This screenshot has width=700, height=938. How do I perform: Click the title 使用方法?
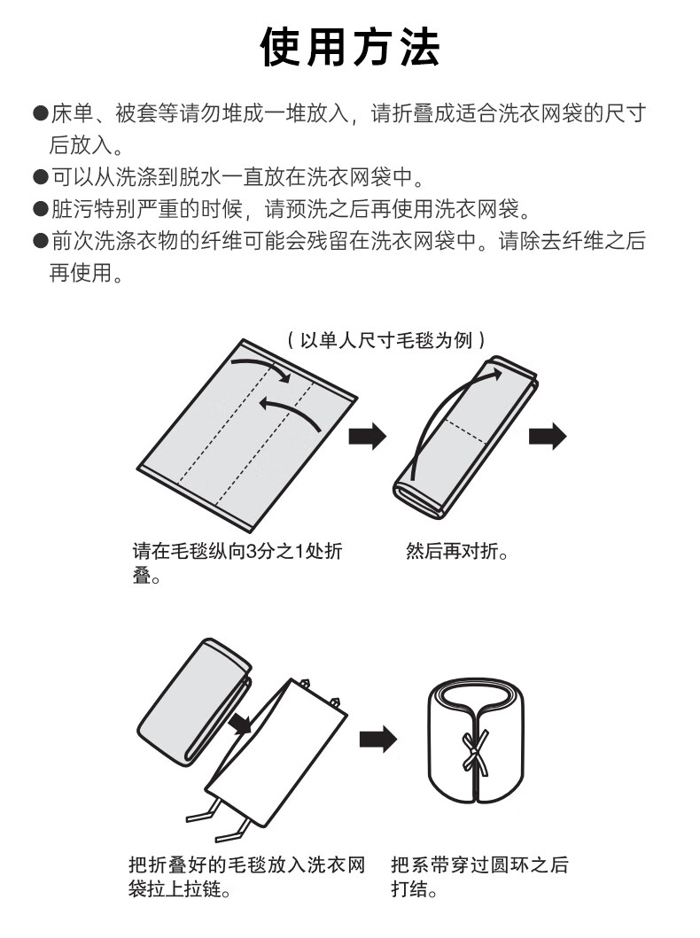pyautogui.click(x=350, y=46)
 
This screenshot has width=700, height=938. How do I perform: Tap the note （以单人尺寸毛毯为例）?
pyautogui.click(x=385, y=339)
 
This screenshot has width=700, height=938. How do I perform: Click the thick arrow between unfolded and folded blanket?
pyautogui.click(x=367, y=436)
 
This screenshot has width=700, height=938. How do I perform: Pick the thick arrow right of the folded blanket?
pyautogui.click(x=547, y=436)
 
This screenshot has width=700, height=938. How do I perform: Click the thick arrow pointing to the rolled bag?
pyautogui.click(x=377, y=739)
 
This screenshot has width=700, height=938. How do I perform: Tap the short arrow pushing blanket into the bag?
pyautogui.click(x=237, y=725)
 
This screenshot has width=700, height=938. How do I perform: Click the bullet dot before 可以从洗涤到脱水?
pyautogui.click(x=40, y=177)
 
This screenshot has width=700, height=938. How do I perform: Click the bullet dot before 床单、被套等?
pyautogui.click(x=40, y=113)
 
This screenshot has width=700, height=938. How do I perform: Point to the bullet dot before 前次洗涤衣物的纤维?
pyautogui.click(x=40, y=242)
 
